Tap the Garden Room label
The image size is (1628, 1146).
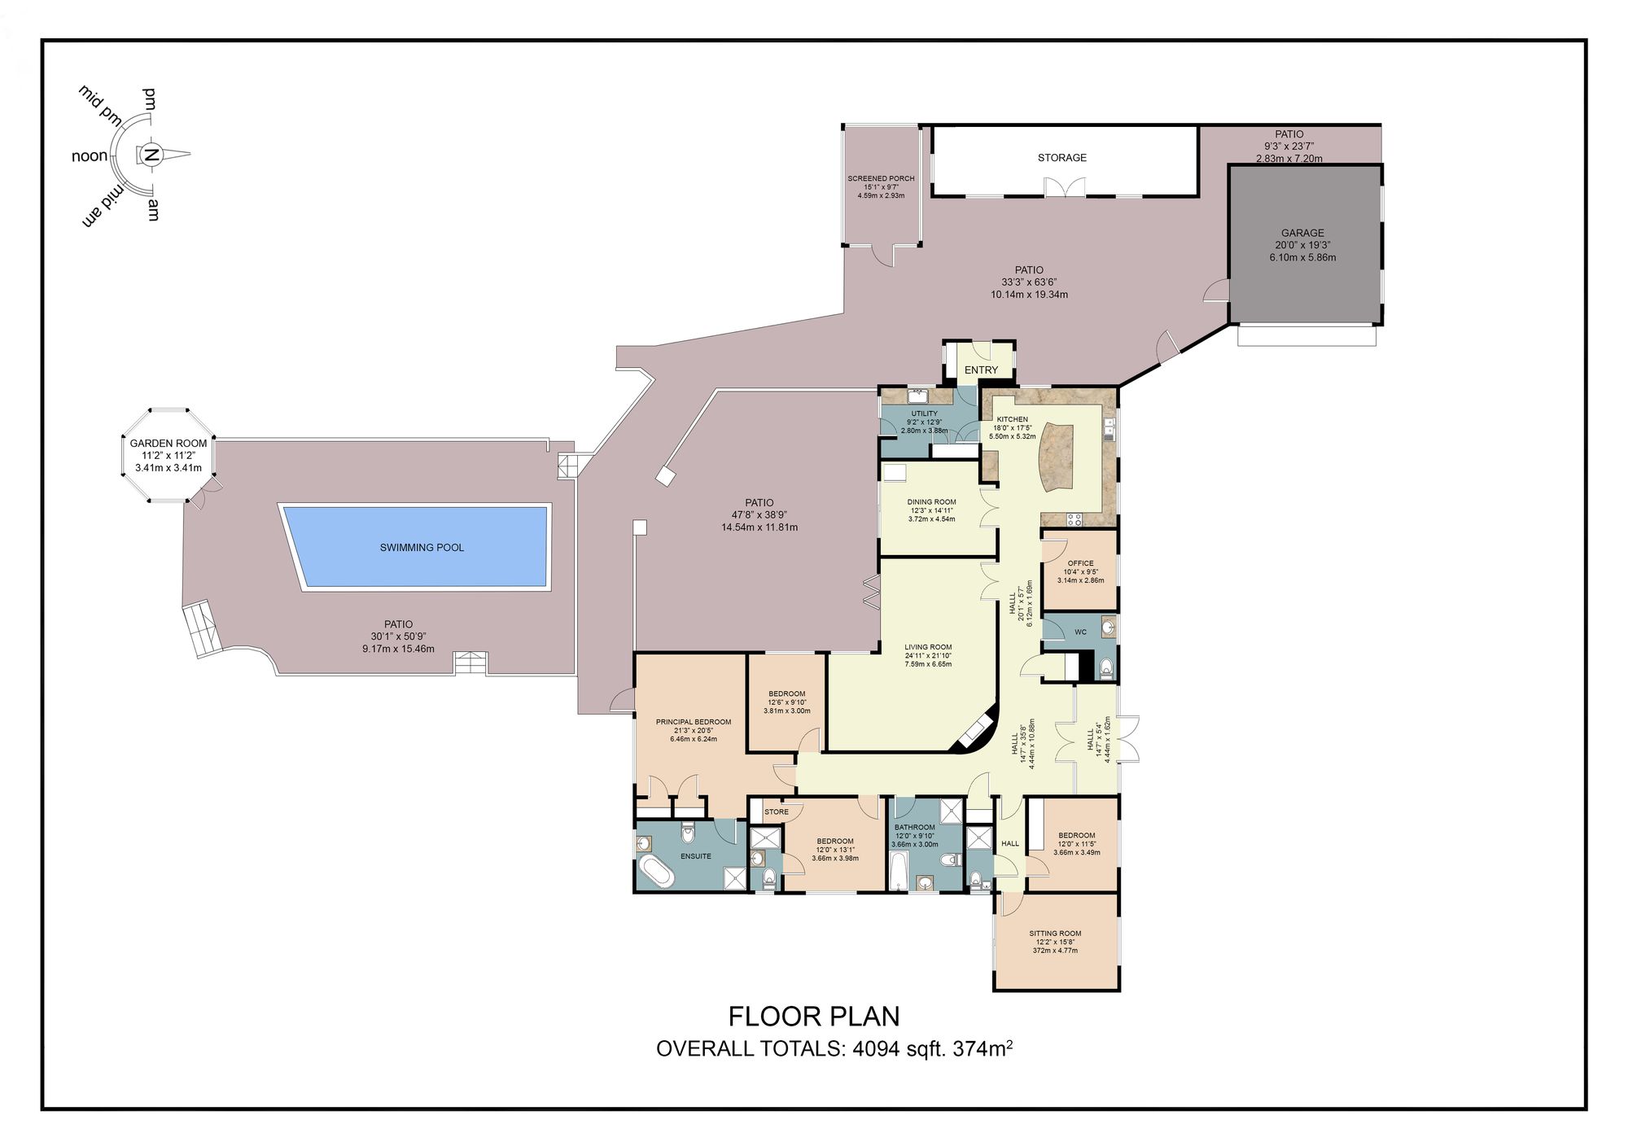click(168, 444)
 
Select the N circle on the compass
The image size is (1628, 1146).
click(151, 155)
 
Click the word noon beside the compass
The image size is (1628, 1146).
click(90, 156)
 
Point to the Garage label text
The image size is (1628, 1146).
click(1302, 233)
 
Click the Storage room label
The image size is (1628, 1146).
click(1061, 158)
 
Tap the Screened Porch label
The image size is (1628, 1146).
click(881, 178)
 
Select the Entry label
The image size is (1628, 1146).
click(981, 370)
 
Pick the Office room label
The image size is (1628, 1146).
click(1080, 563)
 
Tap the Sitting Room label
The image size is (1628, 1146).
click(1055, 934)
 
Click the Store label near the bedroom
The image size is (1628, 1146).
click(776, 811)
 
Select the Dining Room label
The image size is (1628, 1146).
click(931, 502)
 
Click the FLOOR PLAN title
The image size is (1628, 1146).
click(813, 1017)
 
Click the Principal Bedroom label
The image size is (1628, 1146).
click(694, 722)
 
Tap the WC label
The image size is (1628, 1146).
click(1080, 632)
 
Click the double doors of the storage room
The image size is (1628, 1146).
click(1066, 187)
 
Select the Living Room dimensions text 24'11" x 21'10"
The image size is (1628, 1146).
click(928, 656)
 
